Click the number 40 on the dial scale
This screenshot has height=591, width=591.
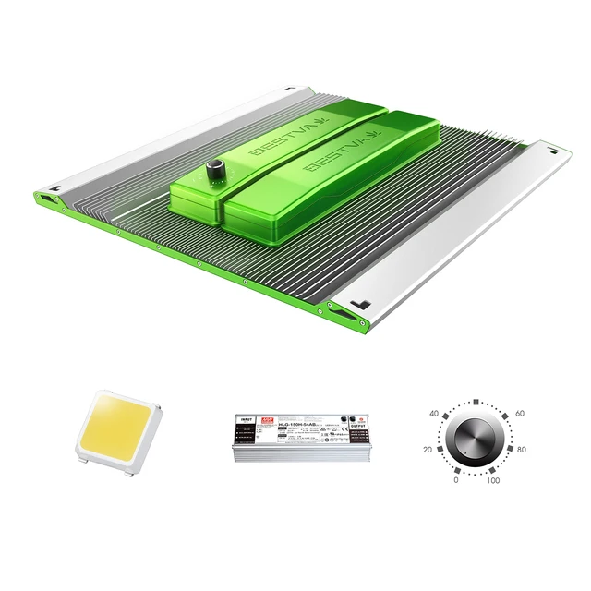click(x=435, y=414)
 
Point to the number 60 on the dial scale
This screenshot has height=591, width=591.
click(x=519, y=414)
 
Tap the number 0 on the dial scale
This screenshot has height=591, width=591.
click(x=455, y=480)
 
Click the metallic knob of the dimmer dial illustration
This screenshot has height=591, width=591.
click(x=476, y=440)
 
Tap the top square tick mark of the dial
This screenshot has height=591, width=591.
click(x=476, y=403)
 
